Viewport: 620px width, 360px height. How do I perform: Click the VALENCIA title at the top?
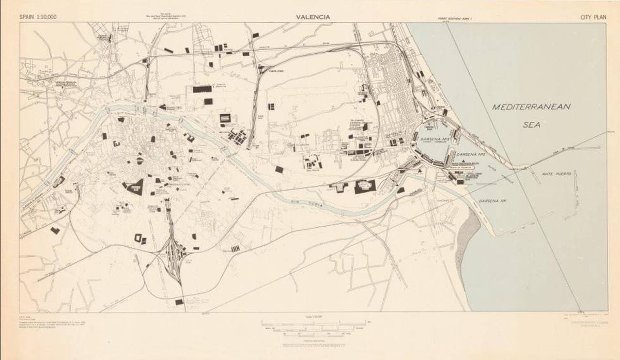pos(313,17)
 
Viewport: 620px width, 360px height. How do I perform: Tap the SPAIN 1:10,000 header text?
pos(38,17)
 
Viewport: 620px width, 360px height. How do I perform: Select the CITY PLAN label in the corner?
pos(592,17)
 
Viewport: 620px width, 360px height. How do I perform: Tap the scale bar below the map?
pos(314,326)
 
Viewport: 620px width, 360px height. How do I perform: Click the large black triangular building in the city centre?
pos(135,186)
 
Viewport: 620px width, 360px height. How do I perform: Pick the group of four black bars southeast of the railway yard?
pos(236,249)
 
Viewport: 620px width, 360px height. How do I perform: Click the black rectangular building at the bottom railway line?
pos(179,301)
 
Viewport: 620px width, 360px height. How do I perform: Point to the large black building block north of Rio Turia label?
pos(365,186)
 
